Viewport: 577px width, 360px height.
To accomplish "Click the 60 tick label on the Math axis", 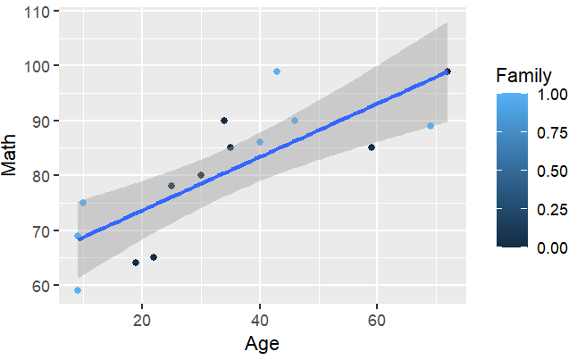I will [x=40, y=286].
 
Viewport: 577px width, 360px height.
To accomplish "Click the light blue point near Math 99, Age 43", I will [x=277, y=71].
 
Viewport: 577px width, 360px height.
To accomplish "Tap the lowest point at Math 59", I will [x=78, y=290].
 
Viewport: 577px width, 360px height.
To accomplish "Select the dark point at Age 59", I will [x=371, y=147].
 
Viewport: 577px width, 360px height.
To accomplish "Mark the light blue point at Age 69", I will [x=430, y=126].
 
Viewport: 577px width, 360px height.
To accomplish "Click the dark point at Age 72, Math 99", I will [x=447, y=71].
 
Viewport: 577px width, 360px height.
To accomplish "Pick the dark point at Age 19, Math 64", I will [x=136, y=263].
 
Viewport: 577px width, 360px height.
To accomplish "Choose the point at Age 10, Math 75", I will [x=83, y=203].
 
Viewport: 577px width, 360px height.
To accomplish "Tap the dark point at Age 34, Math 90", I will [x=224, y=121].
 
